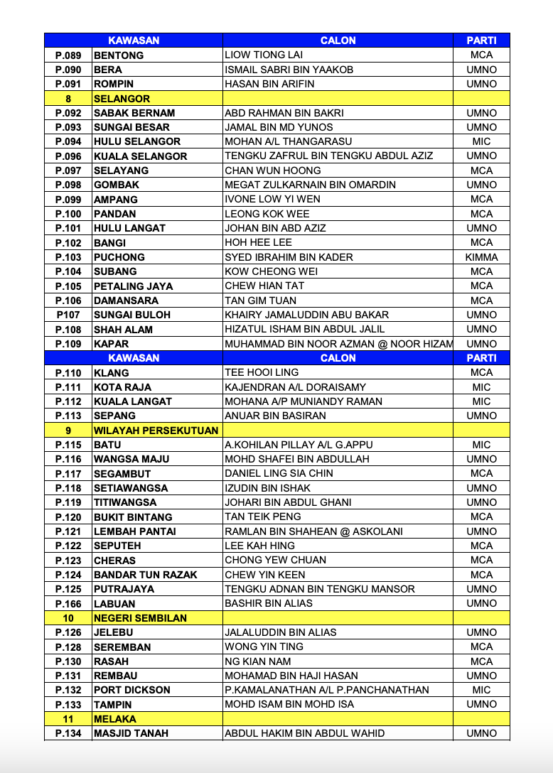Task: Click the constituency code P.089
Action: pos(68,55)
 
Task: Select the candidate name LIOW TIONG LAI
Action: pos(264,55)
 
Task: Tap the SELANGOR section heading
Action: pos(122,99)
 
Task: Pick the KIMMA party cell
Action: pos(481,257)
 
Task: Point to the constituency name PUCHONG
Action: pos(119,257)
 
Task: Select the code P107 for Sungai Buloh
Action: pos(68,315)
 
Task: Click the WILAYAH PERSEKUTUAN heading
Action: pos(156,431)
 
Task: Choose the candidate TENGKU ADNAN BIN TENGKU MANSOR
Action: pos(320,589)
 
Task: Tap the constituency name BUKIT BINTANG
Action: pos(133,517)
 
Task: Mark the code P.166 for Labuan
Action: pos(68,603)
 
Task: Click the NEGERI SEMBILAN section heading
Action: pos(140,618)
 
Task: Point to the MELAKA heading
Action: pos(114,719)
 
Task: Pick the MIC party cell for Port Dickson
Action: pos(481,690)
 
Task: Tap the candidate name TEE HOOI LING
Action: pos(262,372)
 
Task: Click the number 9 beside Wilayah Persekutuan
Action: pos(68,431)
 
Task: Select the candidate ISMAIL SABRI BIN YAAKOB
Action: pos(289,70)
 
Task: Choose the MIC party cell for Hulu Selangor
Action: pos(481,141)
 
